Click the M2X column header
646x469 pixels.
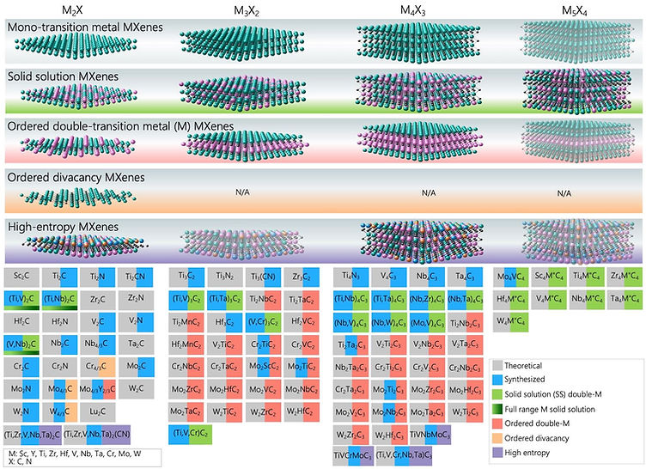coord(72,9)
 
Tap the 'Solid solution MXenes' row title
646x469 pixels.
coord(56,76)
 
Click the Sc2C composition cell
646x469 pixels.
coord(21,277)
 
